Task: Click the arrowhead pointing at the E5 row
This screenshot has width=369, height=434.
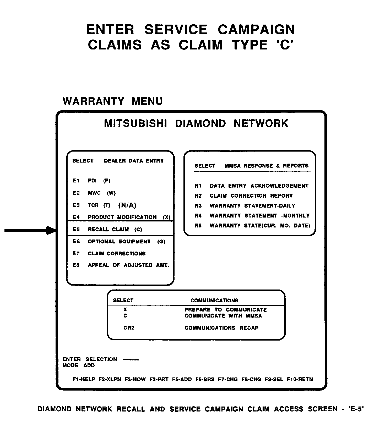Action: [x=51, y=230]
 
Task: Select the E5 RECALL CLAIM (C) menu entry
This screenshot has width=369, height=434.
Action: [x=107, y=229]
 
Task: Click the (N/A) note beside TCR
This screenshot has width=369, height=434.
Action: [x=127, y=205]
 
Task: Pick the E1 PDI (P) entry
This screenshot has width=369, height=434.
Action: [x=91, y=181]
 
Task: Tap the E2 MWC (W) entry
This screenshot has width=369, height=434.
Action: [x=94, y=193]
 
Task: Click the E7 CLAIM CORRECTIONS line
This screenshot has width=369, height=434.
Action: [x=109, y=253]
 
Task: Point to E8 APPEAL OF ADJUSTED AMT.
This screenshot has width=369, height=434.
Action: [x=121, y=265]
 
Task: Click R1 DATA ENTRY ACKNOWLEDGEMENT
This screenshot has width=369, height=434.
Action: [x=251, y=186]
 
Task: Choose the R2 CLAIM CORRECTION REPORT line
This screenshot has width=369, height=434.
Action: [x=243, y=196]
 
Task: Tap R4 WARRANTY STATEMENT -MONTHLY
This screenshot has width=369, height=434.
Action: [x=252, y=216]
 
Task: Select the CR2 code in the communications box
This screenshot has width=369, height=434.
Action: [x=129, y=328]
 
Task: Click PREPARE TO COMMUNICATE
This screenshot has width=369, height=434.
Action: [x=225, y=310]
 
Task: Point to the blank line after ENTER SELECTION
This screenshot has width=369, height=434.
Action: [x=131, y=360]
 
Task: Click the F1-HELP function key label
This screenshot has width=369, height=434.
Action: [x=84, y=379]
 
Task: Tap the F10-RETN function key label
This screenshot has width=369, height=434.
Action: [x=300, y=379]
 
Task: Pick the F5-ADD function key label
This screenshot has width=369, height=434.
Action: [x=182, y=379]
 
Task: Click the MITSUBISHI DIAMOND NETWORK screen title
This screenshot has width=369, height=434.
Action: [x=196, y=123]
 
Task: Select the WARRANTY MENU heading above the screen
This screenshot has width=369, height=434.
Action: [x=113, y=101]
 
